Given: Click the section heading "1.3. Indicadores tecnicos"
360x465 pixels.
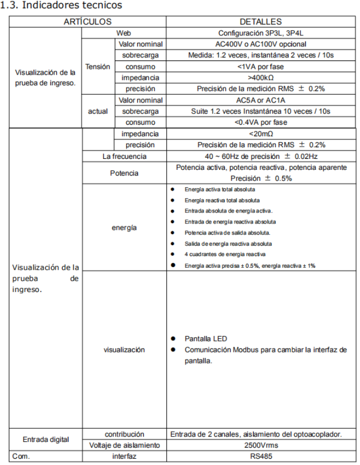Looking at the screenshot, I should tap(62, 6).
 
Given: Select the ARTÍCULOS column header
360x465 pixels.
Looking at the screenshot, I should tap(87, 22).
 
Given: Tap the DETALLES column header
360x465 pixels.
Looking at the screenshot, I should tap(261, 22).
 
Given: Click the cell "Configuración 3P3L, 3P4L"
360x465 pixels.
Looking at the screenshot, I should tap(261, 33).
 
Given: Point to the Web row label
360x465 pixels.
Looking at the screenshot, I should tap(124, 33).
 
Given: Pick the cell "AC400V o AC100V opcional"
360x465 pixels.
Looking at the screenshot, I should tap(261, 44).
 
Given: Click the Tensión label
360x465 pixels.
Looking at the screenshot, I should tap(98, 67).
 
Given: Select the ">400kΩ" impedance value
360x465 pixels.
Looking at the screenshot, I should tap(261, 78).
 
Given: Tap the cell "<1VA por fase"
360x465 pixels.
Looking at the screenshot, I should tap(261, 67).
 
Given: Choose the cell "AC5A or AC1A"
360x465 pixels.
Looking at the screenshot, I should tap(261, 100).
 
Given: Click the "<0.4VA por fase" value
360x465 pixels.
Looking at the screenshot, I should tap(261, 123).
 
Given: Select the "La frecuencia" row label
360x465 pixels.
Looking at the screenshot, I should tap(124, 156).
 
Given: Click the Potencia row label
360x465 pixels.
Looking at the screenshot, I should tap(124, 173).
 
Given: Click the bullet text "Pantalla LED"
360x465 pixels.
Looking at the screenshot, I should tap(206, 338).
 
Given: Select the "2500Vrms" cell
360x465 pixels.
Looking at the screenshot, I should tap(261, 445).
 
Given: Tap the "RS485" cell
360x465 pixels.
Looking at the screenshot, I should tap(261, 456).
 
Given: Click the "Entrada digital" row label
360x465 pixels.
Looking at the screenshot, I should tap(45, 440).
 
